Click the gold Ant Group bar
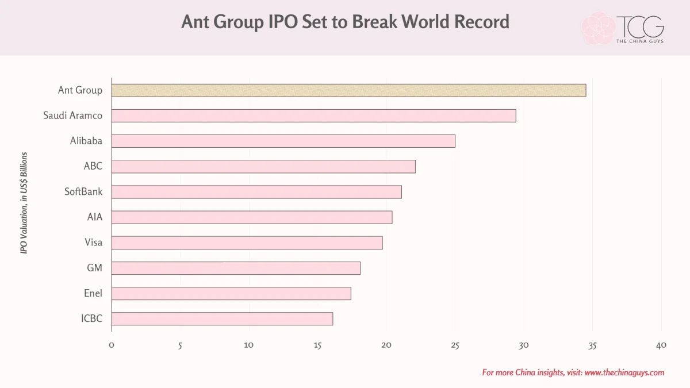pos(348,91)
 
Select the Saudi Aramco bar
pos(313,116)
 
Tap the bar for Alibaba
pos(283,141)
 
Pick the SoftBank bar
pos(256,192)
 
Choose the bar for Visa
pos(247,243)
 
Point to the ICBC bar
pos(222,318)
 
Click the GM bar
pos(236,268)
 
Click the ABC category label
pos(93,166)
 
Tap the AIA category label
pos(94,217)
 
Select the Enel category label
pos(93,293)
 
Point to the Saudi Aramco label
pos(72,116)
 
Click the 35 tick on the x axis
pos(592,346)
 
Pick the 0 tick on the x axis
pos(112,345)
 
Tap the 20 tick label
pos(386,345)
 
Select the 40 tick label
pos(661,345)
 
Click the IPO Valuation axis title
pos(24,203)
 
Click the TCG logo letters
pos(640,26)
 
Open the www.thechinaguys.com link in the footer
pos(624,372)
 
